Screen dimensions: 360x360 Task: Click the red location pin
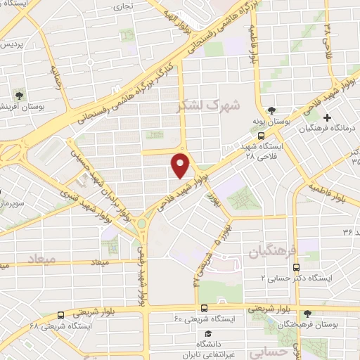(x=181, y=165)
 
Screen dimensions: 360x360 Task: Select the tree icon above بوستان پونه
(x=271, y=110)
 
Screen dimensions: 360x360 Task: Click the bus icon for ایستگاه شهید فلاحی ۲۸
(x=259, y=134)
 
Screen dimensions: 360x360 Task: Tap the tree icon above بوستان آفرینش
(x=19, y=94)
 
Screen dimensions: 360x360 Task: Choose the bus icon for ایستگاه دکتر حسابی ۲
(x=296, y=267)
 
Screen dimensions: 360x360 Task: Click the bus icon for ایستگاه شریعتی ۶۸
(x=61, y=315)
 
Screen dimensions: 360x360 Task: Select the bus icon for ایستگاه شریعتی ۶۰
(x=204, y=307)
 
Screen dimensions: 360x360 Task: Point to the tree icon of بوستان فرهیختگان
(x=307, y=314)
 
